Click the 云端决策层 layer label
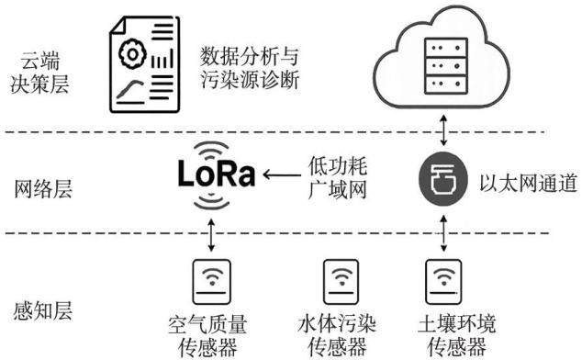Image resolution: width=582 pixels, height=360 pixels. [39, 73]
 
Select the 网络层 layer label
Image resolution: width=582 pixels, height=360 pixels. [42, 188]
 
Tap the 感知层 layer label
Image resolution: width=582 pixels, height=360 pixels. [42, 310]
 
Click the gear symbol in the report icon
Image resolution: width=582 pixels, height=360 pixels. [132, 54]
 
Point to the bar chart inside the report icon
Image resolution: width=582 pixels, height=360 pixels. [162, 60]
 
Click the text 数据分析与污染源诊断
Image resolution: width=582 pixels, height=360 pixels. [250, 68]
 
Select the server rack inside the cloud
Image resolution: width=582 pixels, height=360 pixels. [446, 66]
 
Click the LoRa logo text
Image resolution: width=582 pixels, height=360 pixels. [217, 174]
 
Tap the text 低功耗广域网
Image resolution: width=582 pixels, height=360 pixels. [338, 178]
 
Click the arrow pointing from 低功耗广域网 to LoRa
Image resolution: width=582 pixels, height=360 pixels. [282, 174]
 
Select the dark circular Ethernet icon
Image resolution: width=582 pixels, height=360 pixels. [442, 179]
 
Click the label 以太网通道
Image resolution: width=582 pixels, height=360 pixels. [529, 183]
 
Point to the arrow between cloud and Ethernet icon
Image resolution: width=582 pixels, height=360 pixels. [443, 130]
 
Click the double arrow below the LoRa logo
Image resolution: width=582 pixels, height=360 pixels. [211, 235]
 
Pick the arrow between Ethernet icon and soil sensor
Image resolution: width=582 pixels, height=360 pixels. [443, 233]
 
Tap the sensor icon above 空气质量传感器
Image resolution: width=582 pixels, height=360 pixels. [211, 282]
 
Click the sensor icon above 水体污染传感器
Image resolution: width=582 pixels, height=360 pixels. [341, 282]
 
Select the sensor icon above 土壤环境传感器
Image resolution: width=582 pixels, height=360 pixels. [443, 282]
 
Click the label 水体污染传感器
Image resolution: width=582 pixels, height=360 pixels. [337, 334]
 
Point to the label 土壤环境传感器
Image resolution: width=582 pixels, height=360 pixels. [456, 334]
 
